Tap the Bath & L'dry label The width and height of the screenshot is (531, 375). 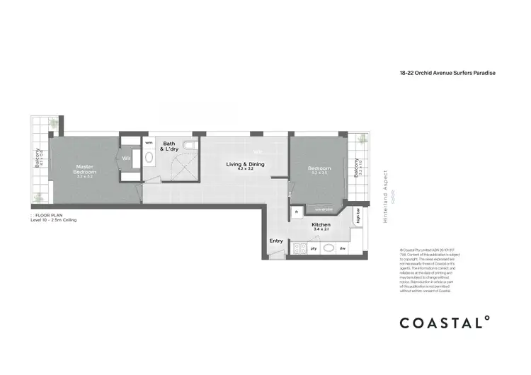(169, 146)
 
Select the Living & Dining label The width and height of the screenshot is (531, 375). (245, 164)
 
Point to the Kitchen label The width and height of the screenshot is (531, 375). (321, 224)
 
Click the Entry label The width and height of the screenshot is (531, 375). (276, 241)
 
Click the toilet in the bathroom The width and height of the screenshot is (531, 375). (190, 146)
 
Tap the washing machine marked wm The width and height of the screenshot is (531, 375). (149, 142)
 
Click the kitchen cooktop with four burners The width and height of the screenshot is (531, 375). (299, 248)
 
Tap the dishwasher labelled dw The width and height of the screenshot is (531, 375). (342, 248)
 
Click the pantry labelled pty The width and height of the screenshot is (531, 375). (314, 248)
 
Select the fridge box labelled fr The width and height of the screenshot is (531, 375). (297, 211)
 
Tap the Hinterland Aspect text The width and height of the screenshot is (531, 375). (386, 197)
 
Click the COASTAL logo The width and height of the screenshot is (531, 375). (445, 323)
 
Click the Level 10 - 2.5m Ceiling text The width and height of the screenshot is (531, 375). (53, 221)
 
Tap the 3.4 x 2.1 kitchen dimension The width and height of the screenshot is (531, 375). (321, 230)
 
